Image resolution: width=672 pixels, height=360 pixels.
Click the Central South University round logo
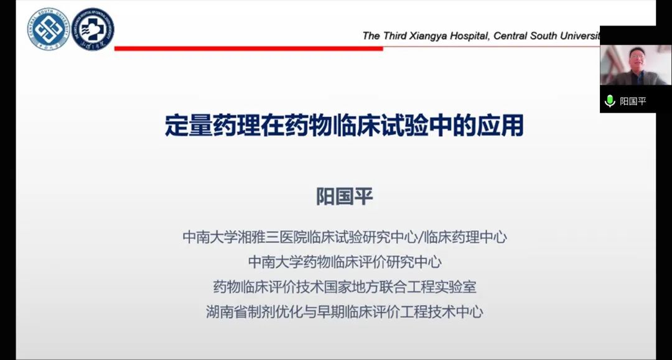click(49, 29)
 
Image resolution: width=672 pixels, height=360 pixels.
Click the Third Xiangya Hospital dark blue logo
click(93, 29)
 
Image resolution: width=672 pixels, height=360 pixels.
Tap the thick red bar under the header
click(248, 48)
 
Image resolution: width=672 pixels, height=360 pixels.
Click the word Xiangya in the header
click(427, 36)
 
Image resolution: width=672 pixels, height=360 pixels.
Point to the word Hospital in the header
click(469, 36)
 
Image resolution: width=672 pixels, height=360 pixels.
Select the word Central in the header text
click(510, 35)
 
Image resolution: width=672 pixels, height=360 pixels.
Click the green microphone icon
click(609, 101)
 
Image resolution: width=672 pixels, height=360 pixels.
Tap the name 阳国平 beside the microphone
click(633, 101)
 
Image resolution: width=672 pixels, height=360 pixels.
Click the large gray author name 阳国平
click(345, 196)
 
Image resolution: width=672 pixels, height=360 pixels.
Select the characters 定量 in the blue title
click(189, 125)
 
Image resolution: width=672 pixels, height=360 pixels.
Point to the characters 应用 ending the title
click(500, 125)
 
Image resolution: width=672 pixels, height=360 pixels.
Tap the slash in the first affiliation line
click(420, 237)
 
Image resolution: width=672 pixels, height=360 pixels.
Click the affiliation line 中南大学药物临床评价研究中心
click(345, 262)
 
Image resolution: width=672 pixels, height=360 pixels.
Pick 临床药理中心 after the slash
click(465, 237)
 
